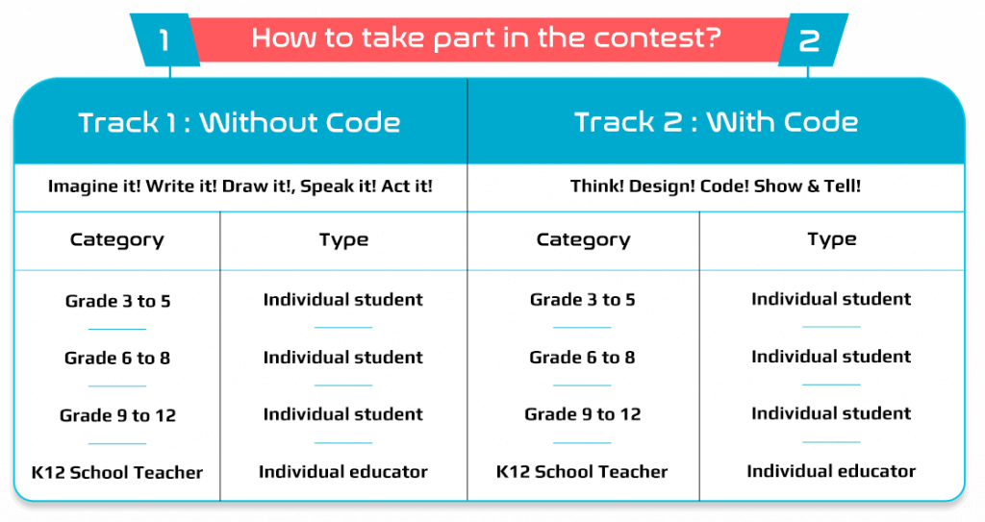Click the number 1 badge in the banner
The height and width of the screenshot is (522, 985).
[x=164, y=40]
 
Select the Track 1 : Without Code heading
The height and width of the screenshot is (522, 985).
[x=240, y=122]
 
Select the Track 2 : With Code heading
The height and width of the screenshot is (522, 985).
[x=716, y=122]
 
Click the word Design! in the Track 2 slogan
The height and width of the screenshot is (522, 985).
[x=662, y=186]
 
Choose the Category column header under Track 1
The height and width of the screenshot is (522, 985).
[x=116, y=240]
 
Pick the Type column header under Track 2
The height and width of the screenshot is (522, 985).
[x=832, y=239]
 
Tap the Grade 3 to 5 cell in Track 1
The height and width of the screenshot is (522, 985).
[x=117, y=301]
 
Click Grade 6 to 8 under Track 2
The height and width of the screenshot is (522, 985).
[x=582, y=358]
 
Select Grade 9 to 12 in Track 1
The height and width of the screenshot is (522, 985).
[x=117, y=415]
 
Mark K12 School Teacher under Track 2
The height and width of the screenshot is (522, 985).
[x=582, y=472]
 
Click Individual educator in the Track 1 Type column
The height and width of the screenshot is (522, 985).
[x=343, y=472]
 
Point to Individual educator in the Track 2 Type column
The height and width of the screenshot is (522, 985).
[x=831, y=471]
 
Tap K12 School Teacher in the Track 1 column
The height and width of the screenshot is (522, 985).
[x=116, y=472]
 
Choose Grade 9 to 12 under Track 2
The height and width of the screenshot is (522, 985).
[x=582, y=414]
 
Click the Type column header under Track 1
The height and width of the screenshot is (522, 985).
[x=343, y=240]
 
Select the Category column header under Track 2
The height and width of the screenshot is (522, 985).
[x=583, y=240]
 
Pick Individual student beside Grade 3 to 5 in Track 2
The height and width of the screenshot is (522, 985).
[x=831, y=299]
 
